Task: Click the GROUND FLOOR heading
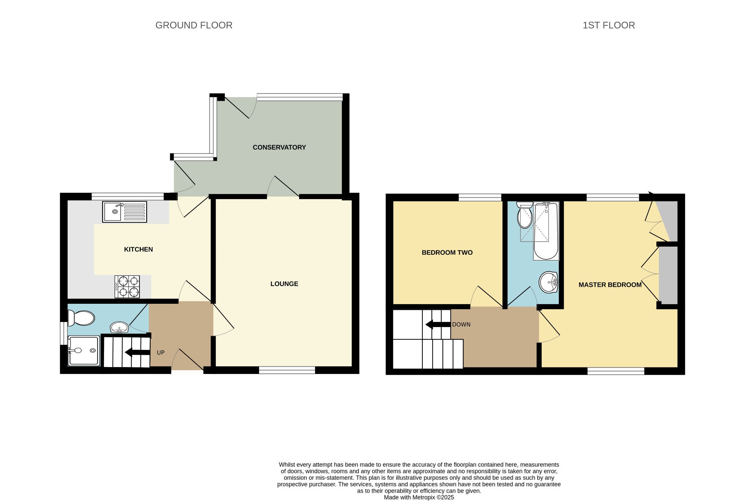tap(194, 25)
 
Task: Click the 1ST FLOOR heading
tap(609, 25)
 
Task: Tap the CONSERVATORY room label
tap(279, 147)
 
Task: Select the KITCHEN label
tap(138, 249)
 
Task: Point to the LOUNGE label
tap(284, 284)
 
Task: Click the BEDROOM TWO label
tap(447, 253)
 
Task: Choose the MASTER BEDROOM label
tap(610, 285)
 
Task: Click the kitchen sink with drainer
tap(124, 212)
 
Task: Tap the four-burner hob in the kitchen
tap(127, 287)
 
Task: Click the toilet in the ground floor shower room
tap(81, 318)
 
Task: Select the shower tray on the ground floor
tap(84, 351)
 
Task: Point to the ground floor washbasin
tap(119, 327)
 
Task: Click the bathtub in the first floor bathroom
tap(546, 231)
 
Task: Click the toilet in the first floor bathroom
tap(525, 215)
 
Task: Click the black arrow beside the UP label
tap(138, 352)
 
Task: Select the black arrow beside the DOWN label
tap(438, 324)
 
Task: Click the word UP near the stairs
tap(160, 353)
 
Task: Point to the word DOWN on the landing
tap(461, 325)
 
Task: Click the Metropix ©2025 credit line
tap(419, 497)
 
